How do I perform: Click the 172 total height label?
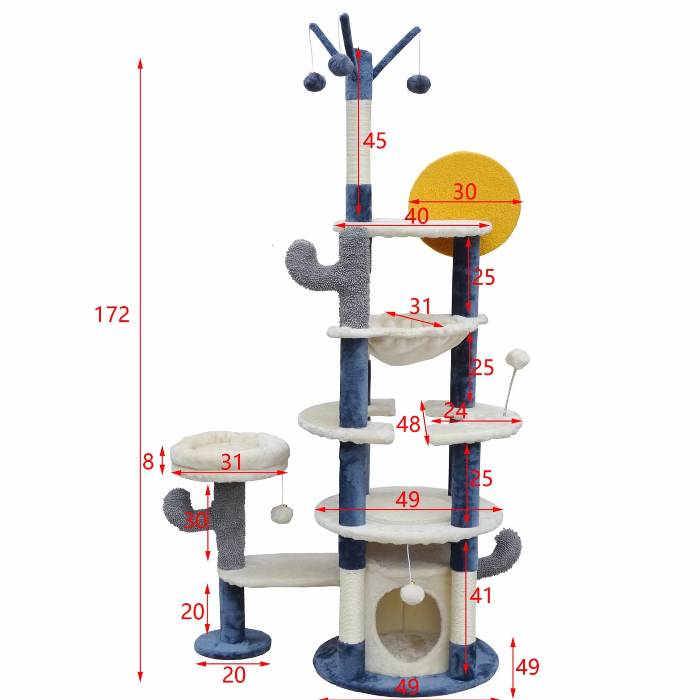click(x=112, y=315)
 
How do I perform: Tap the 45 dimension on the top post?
click(x=374, y=141)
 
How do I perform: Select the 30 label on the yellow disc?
click(x=465, y=192)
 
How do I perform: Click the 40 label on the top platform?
click(x=417, y=216)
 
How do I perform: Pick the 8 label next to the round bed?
click(x=148, y=462)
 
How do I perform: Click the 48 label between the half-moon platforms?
click(x=408, y=424)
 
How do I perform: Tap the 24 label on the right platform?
click(x=455, y=410)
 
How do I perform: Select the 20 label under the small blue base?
click(x=234, y=675)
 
